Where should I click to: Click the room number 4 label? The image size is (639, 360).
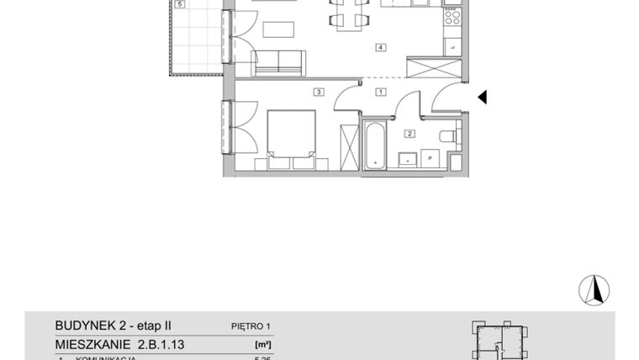click(x=381, y=48)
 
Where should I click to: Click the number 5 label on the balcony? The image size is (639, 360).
click(x=179, y=5)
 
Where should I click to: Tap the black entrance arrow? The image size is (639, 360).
click(x=483, y=98)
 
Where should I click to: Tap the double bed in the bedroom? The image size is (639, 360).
click(x=291, y=135)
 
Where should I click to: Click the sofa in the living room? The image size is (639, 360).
click(x=278, y=61)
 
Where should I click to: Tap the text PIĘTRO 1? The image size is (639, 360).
click(x=251, y=326)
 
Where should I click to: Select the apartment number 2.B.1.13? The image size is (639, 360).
click(x=119, y=344)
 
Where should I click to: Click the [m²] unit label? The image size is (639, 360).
click(x=262, y=344)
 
